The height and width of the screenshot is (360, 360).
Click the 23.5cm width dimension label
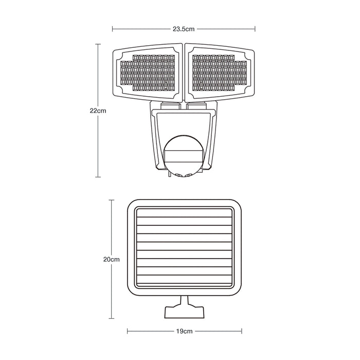(x=184, y=29)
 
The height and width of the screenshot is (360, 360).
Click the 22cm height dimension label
(x=98, y=111)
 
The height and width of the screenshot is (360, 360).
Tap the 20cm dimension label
(x=111, y=260)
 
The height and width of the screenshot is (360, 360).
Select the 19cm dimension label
(x=185, y=331)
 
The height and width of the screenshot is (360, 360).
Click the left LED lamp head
(x=148, y=72)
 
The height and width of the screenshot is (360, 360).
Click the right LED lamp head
(x=220, y=72)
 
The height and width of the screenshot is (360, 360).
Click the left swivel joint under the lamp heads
(x=171, y=107)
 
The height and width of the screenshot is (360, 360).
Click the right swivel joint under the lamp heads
(x=197, y=107)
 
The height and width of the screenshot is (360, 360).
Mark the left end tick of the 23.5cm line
(x=113, y=29)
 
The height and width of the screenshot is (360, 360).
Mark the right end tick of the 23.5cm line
(x=256, y=29)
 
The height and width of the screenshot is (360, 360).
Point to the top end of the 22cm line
(x=98, y=44)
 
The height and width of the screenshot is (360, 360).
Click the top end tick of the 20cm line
(x=111, y=200)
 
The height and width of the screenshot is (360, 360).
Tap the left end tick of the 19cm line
(x=127, y=331)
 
